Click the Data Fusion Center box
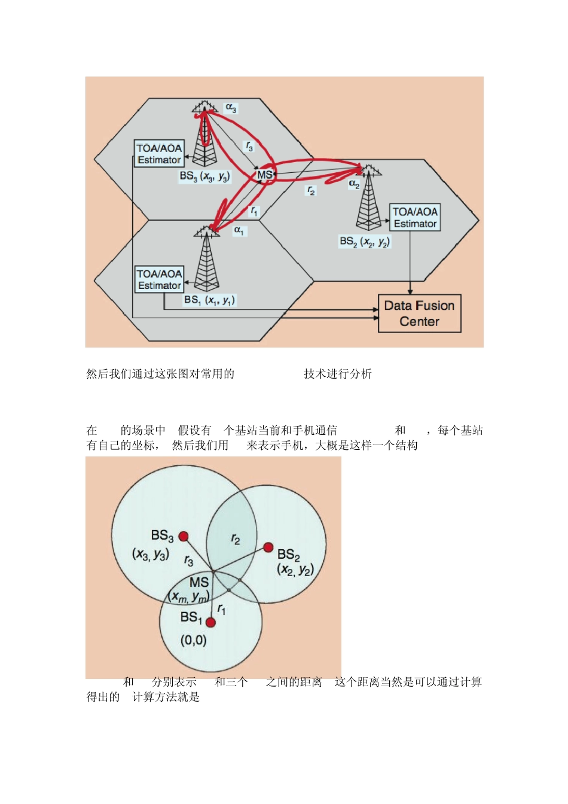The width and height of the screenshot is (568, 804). tap(419, 313)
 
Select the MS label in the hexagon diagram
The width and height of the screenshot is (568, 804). tap(264, 175)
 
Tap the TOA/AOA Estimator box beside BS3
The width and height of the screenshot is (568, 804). tap(159, 154)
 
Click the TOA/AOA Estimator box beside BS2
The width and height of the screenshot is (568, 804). tap(415, 218)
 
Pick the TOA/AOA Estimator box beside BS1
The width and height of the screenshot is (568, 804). tap(160, 279)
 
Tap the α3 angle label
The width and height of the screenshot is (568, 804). tap(231, 108)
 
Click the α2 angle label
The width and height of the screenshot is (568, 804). tap(354, 184)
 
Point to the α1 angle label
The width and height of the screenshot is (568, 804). tap(239, 230)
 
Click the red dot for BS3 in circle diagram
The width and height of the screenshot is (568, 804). tap(184, 536)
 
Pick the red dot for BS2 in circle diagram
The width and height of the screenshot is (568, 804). tap(268, 547)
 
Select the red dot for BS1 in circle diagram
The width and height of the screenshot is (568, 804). tap(210, 622)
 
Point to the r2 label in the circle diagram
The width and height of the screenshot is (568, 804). tap(236, 540)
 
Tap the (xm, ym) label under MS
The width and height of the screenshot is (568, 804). tap(189, 596)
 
